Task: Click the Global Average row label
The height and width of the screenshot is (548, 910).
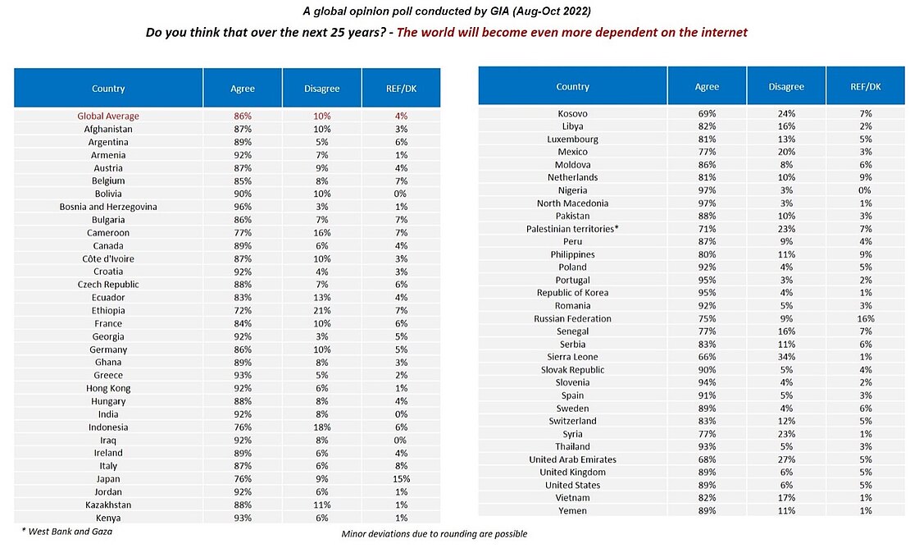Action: (x=108, y=116)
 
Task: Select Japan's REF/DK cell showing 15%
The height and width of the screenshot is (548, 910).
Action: (x=401, y=479)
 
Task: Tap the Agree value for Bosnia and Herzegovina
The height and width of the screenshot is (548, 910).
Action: (x=242, y=207)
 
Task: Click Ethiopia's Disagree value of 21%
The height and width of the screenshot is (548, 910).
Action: (x=321, y=311)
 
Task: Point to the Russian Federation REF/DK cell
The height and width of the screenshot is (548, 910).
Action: (x=865, y=318)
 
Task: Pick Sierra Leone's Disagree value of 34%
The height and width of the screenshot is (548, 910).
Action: (x=785, y=357)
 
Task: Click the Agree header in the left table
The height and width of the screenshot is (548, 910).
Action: (x=242, y=89)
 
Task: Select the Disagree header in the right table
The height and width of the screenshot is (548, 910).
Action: (x=785, y=87)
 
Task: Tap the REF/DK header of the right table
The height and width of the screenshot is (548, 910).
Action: (x=865, y=87)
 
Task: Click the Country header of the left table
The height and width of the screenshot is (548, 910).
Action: (x=108, y=89)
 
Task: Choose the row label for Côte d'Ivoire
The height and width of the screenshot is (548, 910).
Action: (x=108, y=258)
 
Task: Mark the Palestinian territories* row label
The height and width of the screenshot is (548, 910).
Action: (x=572, y=229)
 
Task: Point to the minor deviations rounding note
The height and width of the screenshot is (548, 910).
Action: (x=434, y=534)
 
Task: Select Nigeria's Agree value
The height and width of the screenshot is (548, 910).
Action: (x=706, y=190)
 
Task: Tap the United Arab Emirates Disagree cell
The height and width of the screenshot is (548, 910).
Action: (x=785, y=459)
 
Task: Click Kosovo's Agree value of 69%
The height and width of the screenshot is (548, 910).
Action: (x=706, y=113)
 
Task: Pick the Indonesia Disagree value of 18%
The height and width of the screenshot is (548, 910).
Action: (x=321, y=427)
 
